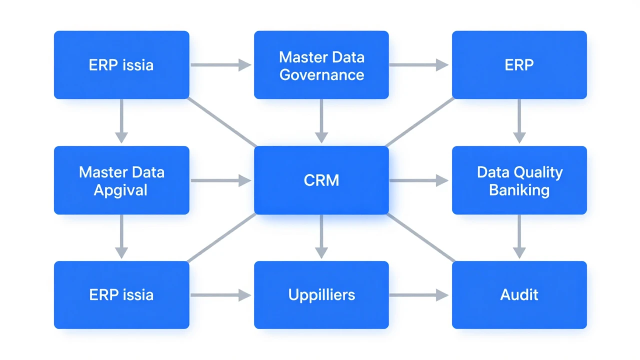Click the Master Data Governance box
(321, 65)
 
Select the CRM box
(321, 180)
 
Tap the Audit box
(519, 295)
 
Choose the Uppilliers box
(321, 295)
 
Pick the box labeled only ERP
(519, 65)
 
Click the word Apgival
(120, 190)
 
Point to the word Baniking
(519, 190)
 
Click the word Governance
(321, 75)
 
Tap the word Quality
(536, 173)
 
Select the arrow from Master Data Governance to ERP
(419, 65)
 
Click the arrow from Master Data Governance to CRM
(321, 121)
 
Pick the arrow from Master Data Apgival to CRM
(221, 180)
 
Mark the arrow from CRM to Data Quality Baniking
(419, 180)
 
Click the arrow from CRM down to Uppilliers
(321, 236)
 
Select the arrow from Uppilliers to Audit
(419, 295)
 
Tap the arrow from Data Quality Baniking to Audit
(519, 236)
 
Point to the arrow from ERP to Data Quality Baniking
(519, 121)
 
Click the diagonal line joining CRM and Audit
(420, 237)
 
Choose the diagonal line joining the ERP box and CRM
(420, 122)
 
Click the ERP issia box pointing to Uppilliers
(121, 295)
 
